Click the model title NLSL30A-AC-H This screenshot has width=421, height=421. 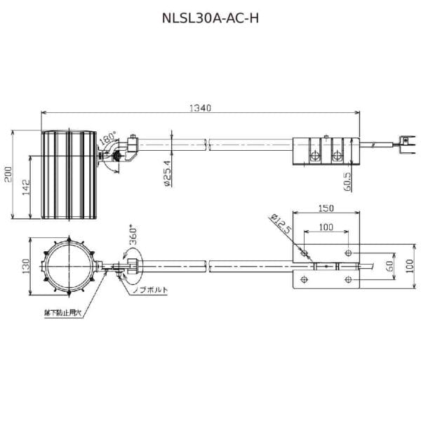coord(210,19)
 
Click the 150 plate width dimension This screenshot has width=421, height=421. coord(325,208)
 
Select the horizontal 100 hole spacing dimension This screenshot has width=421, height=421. coord(326,227)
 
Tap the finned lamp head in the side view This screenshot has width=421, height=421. coord(67,174)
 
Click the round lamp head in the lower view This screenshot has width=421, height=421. coord(69,266)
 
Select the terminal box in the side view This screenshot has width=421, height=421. coord(324,149)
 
